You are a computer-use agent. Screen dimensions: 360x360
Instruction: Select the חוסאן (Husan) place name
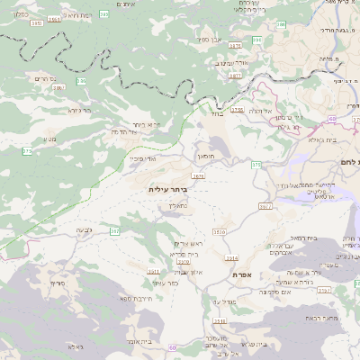206,156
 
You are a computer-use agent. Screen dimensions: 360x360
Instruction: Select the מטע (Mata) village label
49,139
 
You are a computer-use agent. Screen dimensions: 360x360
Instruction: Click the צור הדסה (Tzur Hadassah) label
122,132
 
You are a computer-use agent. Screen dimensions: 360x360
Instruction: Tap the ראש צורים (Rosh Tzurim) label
189,244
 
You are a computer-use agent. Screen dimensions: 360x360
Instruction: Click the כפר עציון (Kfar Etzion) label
166,282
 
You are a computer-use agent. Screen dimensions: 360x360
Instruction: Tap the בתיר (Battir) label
215,114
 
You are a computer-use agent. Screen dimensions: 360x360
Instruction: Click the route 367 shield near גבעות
114,231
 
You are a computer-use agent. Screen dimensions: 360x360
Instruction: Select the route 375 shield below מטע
27,151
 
